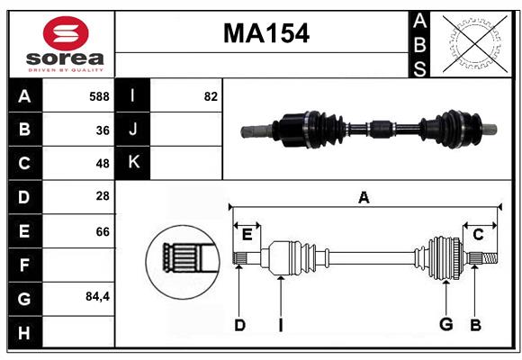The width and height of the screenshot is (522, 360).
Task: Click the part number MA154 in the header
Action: (265, 33)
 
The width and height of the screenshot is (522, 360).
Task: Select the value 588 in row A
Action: (99, 96)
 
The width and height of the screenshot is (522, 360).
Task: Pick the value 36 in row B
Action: (102, 130)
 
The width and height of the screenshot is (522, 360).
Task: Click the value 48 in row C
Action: (102, 164)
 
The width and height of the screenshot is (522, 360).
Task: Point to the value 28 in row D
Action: (102, 197)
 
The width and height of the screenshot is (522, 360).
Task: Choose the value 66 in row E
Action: (102, 231)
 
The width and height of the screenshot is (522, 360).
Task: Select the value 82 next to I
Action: (211, 96)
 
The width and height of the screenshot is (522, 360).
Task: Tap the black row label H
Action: (24, 333)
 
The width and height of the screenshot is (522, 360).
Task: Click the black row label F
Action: (24, 265)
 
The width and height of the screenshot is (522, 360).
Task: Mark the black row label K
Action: (134, 164)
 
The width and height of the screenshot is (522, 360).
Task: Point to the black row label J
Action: (134, 130)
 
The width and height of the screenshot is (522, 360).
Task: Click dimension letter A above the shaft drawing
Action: (364, 197)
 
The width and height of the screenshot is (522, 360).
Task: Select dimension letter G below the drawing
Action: (445, 325)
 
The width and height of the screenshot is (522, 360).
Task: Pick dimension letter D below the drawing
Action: (239, 325)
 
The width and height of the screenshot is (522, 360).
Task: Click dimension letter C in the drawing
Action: (478, 234)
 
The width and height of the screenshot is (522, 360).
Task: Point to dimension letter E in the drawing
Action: (247, 234)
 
